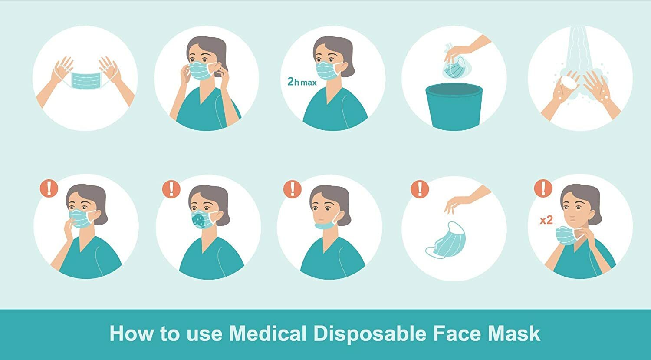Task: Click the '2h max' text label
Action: click(x=302, y=81)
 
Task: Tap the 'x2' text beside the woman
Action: click(x=546, y=220)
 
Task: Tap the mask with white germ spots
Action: click(x=203, y=219)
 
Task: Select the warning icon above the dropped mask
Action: click(x=419, y=189)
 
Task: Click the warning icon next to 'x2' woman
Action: click(x=542, y=188)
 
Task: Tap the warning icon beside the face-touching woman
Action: click(x=49, y=188)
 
